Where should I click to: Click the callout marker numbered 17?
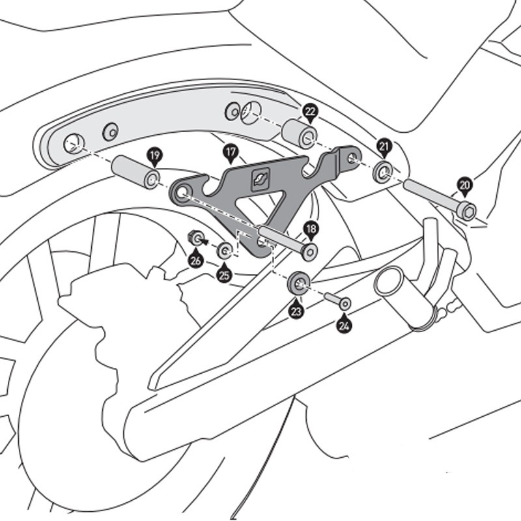coord(230,154)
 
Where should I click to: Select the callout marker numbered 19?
coord(154,156)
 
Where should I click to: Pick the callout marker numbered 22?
coord(309,113)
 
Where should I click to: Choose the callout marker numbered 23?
coord(296,310)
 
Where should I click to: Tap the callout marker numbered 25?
coord(224,274)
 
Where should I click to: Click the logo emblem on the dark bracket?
coord(261,177)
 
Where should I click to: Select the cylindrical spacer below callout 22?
coord(299,134)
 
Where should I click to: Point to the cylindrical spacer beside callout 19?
coord(135,171)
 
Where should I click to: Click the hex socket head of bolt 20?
coord(467,210)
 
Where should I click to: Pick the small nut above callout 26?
coord(195,238)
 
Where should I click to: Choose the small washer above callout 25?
coord(225,250)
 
